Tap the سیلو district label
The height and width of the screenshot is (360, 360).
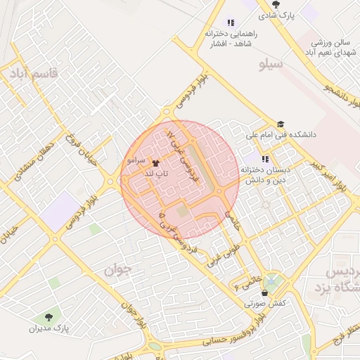pyautogui.click(x=270, y=65)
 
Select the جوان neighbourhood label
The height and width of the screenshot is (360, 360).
pyautogui.click(x=117, y=269)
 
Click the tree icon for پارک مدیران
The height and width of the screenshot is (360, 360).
pyautogui.click(x=48, y=317)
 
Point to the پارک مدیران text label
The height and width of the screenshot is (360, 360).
pyautogui.click(x=46, y=328)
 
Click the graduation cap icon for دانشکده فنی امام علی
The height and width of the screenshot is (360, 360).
pyautogui.click(x=281, y=124)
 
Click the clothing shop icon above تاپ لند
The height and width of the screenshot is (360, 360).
pyautogui.click(x=155, y=162)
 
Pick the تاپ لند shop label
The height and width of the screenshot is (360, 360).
pyautogui.click(x=155, y=172)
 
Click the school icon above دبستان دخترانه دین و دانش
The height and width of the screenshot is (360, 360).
pyautogui.click(x=265, y=159)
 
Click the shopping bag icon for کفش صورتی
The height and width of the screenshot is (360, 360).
pyautogui.click(x=264, y=292)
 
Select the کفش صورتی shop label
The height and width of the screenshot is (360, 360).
pyautogui.click(x=264, y=304)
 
